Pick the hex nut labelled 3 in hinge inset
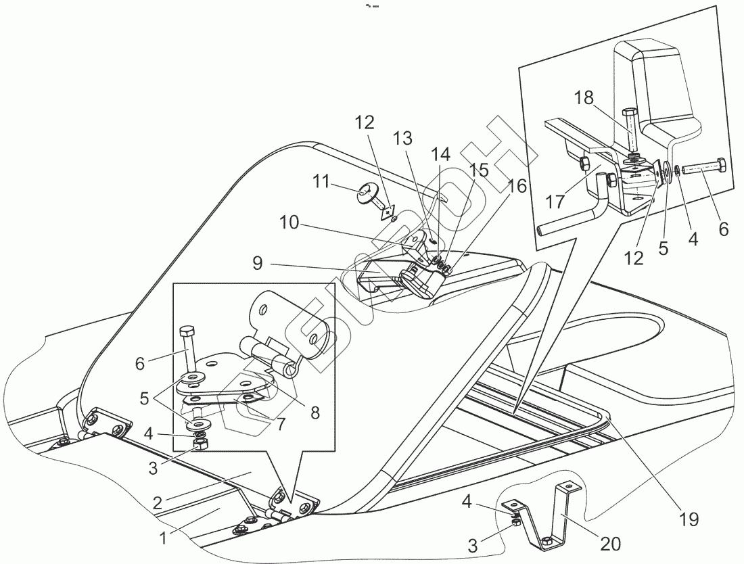point(200,444)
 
